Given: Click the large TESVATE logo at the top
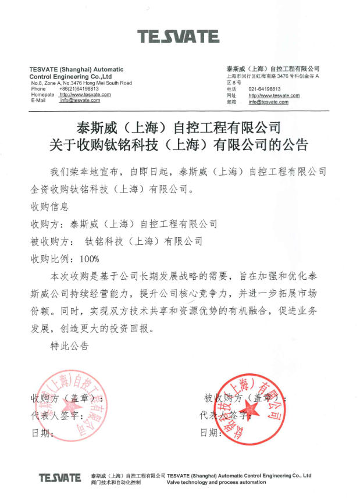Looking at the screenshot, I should [178, 37].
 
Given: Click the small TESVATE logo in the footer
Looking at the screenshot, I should [60, 478].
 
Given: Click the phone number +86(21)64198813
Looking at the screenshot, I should [79, 88].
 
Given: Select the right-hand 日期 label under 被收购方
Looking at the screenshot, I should [211, 433].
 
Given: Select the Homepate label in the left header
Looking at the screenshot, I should [42, 94].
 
